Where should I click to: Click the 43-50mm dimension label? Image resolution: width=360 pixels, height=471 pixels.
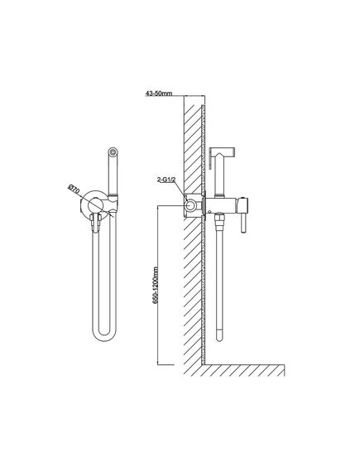(159, 93)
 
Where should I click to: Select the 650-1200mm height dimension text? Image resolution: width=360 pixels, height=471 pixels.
(156, 285)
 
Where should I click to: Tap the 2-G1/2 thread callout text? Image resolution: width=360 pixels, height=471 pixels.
(166, 180)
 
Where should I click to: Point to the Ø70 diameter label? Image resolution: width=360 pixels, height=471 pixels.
(74, 190)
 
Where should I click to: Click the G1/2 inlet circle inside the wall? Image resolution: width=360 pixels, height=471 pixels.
(190, 205)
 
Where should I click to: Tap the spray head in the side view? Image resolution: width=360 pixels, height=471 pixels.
(223, 151)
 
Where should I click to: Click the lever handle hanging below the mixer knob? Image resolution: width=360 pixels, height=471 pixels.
(244, 223)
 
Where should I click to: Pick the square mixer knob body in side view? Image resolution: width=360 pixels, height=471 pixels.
(243, 205)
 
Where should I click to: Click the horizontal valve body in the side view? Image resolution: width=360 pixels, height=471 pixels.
(221, 205)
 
